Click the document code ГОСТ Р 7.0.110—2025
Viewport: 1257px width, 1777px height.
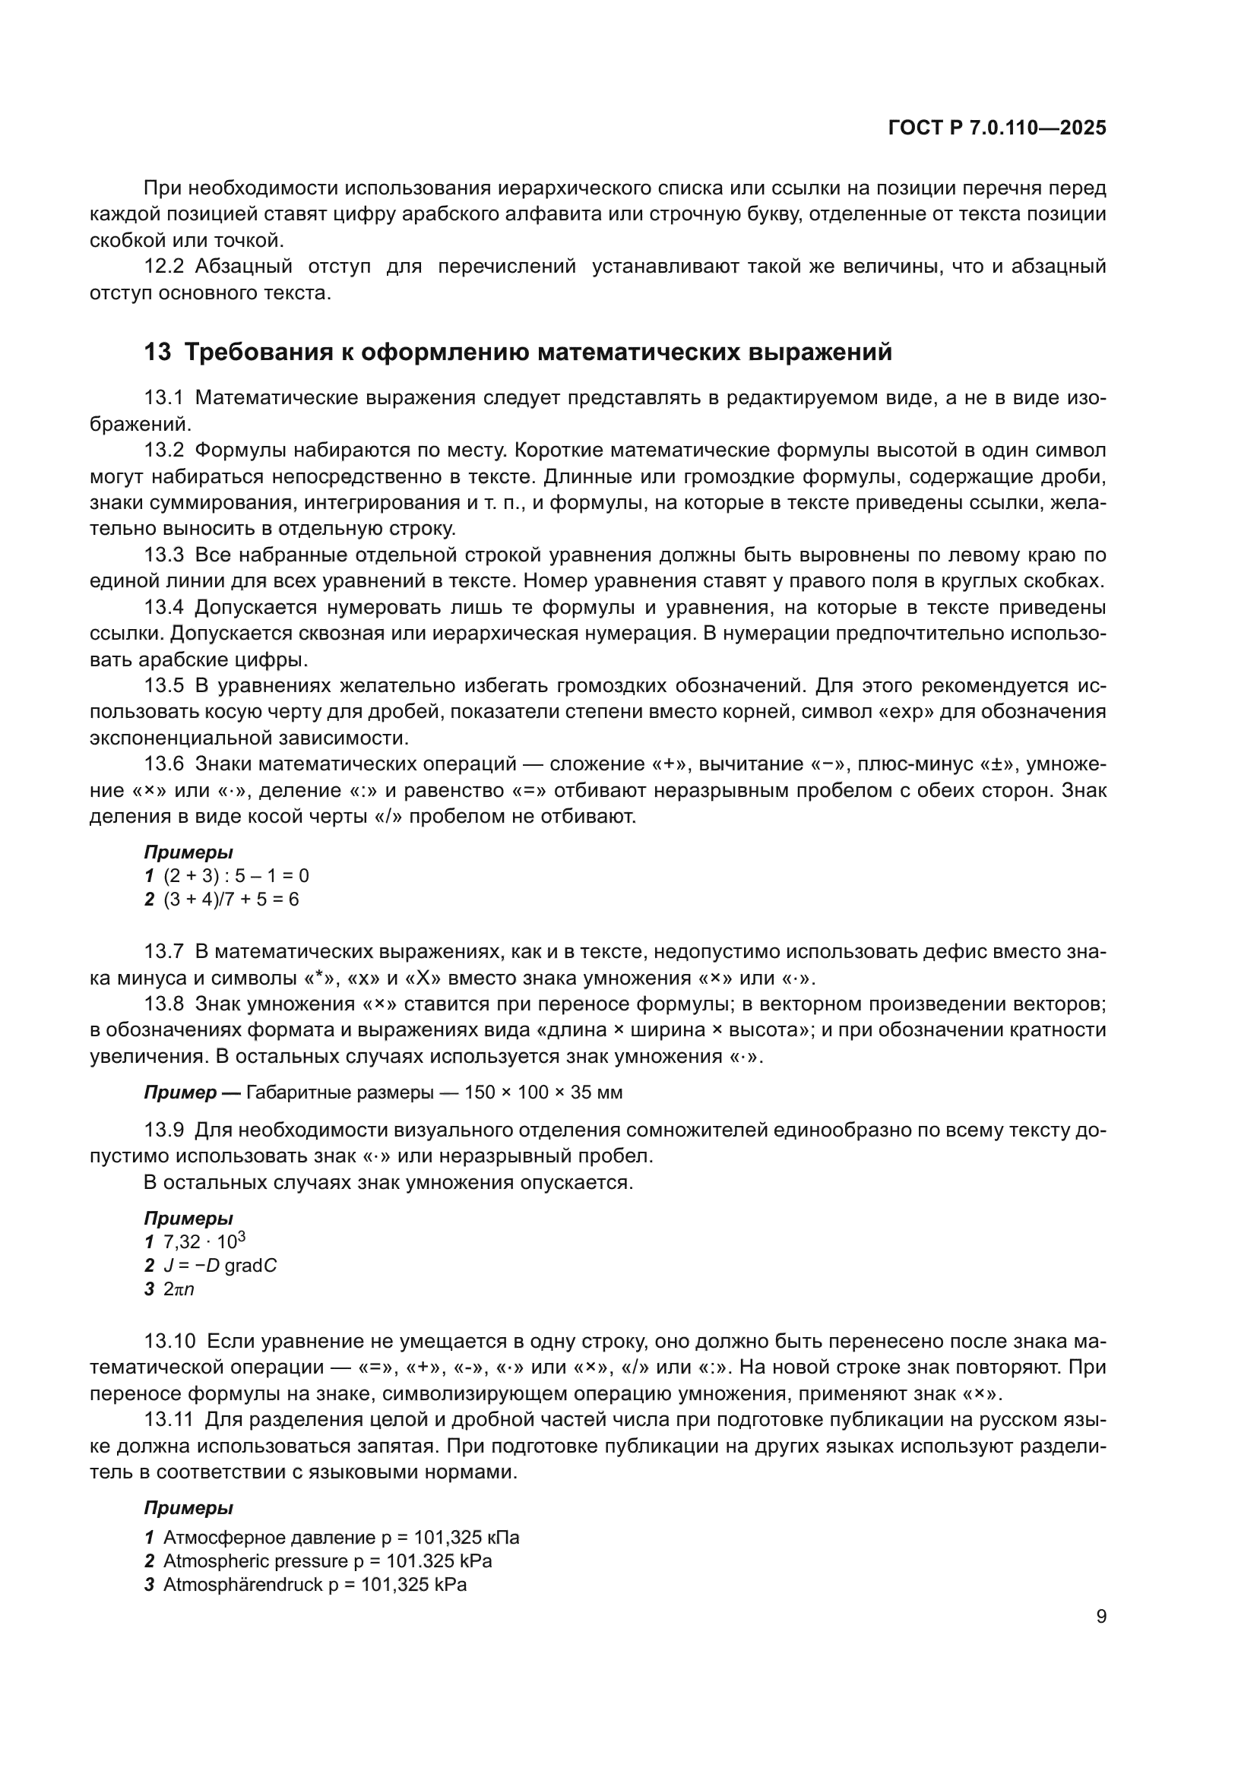(x=997, y=128)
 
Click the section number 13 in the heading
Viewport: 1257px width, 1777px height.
(x=157, y=353)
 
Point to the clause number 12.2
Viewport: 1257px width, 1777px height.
(x=164, y=267)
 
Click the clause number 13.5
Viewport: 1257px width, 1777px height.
(x=164, y=686)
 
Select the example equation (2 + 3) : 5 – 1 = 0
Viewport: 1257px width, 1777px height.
(x=236, y=875)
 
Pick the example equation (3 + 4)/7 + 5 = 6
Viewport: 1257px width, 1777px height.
(x=231, y=900)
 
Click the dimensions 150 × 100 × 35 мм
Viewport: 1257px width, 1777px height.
(x=543, y=1092)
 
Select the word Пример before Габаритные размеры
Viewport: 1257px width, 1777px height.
(x=179, y=1092)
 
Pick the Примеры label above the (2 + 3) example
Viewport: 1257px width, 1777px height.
(x=188, y=853)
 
